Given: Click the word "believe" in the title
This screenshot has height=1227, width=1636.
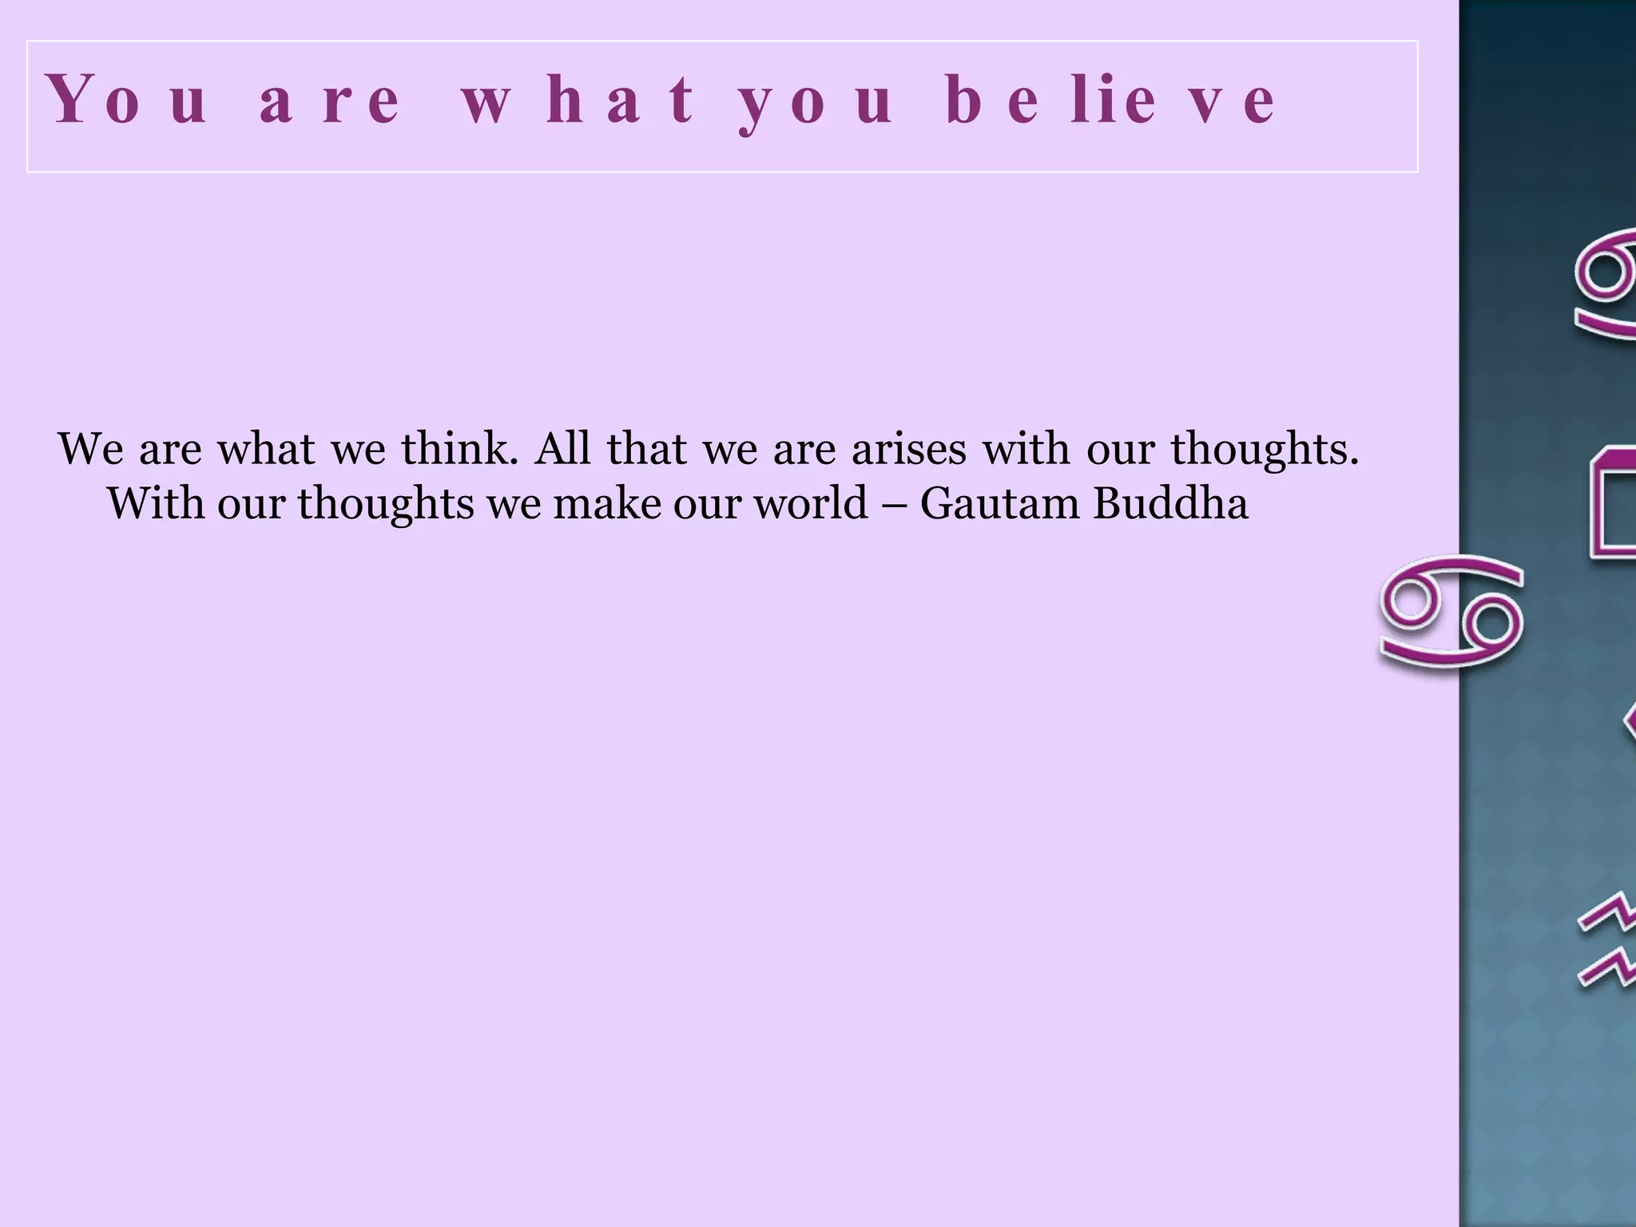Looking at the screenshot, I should point(1110,101).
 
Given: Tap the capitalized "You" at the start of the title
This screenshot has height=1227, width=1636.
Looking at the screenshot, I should point(128,101).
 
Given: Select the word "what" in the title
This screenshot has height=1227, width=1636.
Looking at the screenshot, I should point(578,101).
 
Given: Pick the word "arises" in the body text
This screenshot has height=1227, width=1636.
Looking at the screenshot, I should point(908,449).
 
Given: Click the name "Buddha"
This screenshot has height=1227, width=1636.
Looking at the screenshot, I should point(1169,504).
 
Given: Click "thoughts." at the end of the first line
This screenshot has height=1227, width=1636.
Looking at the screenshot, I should point(1265,451).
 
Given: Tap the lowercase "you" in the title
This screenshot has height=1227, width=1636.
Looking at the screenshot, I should point(815,101).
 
